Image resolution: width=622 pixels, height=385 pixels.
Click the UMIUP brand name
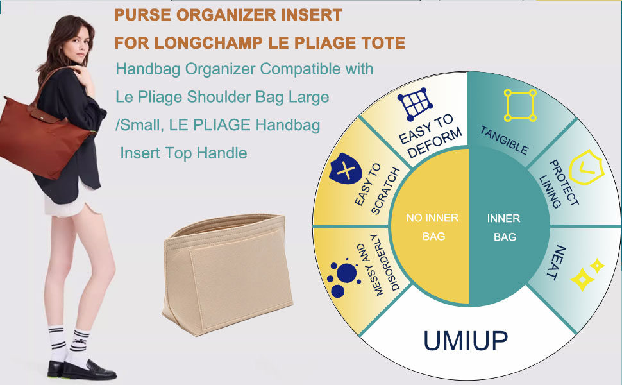pos(466,341)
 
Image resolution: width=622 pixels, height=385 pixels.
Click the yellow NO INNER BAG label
pos(432,227)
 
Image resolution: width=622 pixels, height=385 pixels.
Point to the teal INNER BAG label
pos(504,227)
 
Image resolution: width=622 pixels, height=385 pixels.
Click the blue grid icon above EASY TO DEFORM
pos(414,104)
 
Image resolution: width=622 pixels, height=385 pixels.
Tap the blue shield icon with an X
pos(345,168)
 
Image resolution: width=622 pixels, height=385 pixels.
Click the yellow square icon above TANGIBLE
pos(520,105)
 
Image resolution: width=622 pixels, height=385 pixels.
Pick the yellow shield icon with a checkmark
pos(586,167)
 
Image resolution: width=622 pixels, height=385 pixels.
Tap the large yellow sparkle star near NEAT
pos(582,279)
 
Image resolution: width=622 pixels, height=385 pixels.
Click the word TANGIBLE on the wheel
pos(504,140)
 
